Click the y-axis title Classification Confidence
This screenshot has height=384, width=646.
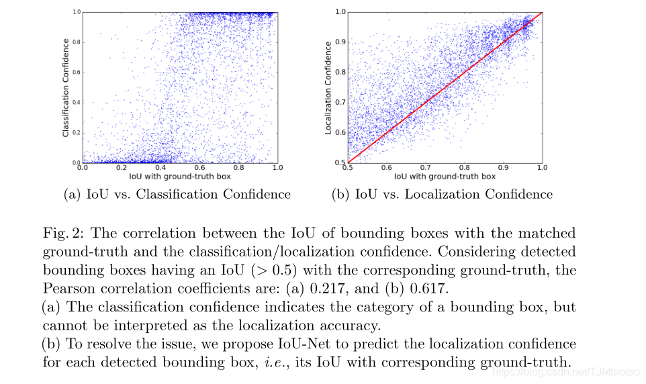(66, 87)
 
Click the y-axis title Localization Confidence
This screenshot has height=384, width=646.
(328, 87)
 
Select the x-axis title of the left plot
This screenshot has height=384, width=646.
(180, 177)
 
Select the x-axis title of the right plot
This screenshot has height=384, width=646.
(445, 177)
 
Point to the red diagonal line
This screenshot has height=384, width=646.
(445, 87)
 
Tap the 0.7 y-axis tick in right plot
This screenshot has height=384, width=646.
(340, 102)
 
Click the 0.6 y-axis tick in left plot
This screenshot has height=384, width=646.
(77, 73)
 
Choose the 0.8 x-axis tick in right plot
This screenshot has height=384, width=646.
(463, 168)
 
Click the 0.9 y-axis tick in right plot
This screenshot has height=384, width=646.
(340, 42)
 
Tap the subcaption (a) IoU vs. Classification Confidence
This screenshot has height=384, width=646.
(177, 194)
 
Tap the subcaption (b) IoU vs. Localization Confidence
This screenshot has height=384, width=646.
(442, 194)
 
